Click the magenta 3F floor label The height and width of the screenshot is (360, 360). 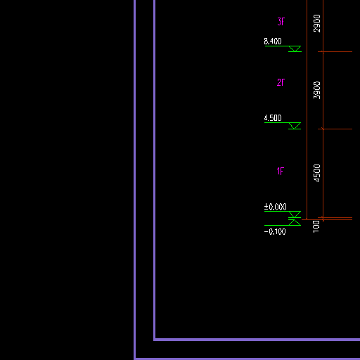pos(281,22)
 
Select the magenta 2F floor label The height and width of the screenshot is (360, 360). pos(281,82)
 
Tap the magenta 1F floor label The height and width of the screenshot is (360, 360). pos(281,172)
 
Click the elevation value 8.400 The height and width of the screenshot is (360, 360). pos(273,41)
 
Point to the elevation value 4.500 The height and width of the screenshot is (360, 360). pos(273,118)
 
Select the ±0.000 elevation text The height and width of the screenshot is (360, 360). pos(275,207)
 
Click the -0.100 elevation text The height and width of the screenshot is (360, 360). pos(275,232)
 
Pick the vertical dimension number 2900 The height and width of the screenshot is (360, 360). pos(316,23)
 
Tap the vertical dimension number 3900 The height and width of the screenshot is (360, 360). pos(316,90)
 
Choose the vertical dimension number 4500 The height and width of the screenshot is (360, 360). pos(316,173)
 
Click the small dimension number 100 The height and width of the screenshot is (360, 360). pos(316,226)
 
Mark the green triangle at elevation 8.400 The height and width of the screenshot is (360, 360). pos(295,49)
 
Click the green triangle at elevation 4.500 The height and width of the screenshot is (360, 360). pos(295,126)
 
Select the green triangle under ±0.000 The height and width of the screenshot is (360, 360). pos(295,214)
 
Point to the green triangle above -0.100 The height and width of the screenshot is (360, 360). pos(295,222)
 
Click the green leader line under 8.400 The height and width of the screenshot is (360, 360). pos(283,46)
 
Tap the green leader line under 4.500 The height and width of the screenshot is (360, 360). pos(283,122)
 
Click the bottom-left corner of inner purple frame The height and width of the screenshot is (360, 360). pos(155,340)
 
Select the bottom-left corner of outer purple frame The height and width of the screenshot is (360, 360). pos(135,359)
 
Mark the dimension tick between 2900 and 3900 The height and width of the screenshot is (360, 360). pos(323,52)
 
